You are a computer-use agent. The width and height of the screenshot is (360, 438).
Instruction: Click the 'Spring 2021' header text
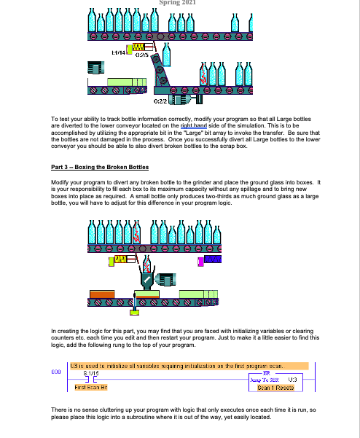[x=179, y=3]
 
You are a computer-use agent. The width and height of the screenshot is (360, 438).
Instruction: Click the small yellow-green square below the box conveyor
[x=134, y=313]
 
